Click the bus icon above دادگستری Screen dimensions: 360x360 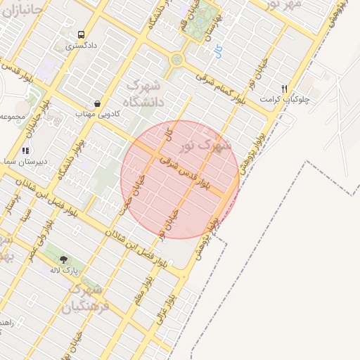click(82, 34)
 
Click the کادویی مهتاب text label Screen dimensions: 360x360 click(98, 113)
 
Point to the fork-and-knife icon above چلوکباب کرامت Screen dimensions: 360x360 click(284, 89)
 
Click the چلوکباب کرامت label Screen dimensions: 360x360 click(289, 99)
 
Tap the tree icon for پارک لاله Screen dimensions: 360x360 click(64, 259)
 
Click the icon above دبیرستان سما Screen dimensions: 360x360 click(25, 150)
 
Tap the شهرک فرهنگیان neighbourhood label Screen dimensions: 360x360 click(86, 298)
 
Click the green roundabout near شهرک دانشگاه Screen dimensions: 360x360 click(176, 60)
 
